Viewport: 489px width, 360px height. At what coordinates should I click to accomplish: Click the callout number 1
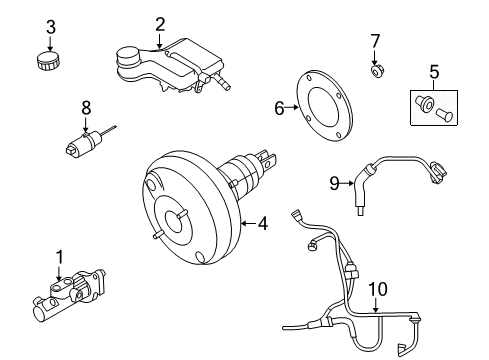(58, 258)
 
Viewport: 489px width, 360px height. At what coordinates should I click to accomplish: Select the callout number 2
(160, 22)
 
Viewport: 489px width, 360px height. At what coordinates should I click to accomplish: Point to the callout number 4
(263, 223)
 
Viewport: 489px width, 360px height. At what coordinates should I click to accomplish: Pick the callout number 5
(434, 71)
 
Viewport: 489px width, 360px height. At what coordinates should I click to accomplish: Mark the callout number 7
(375, 41)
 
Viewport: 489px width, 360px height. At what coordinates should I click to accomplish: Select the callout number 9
(335, 182)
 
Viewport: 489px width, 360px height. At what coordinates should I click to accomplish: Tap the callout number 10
(377, 289)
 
